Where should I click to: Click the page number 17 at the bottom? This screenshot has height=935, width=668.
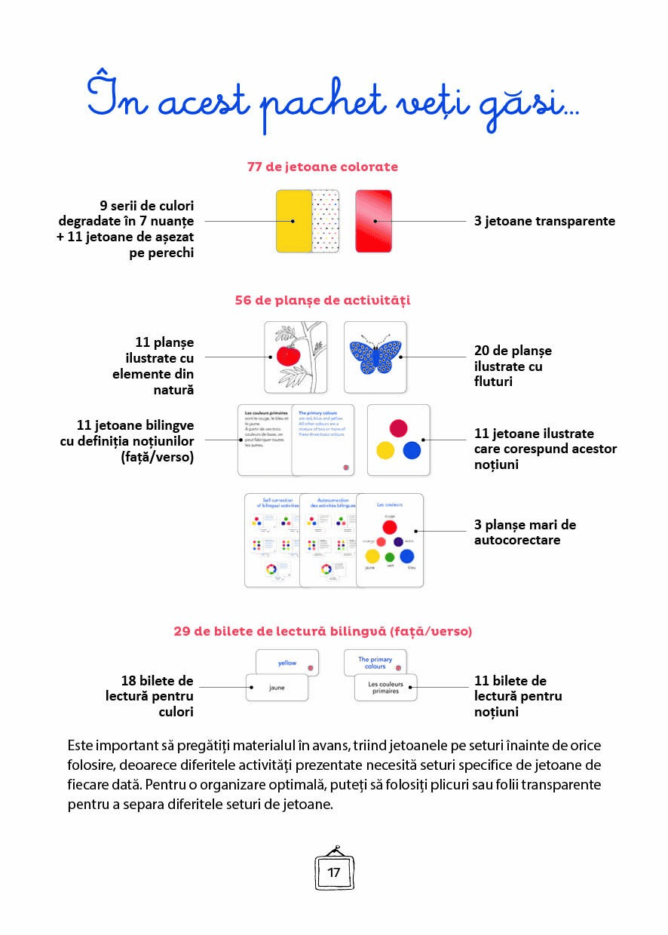pos(334,872)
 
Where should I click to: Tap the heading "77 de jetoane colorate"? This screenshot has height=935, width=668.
pos(323,167)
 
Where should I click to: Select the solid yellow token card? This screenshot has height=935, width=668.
pos(293,220)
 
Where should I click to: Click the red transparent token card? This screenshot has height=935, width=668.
pos(373,220)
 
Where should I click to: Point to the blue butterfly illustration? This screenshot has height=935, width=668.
pos(375,357)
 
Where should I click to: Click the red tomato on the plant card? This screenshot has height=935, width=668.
pos(288,355)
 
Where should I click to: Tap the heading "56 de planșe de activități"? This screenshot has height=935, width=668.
pos(322,300)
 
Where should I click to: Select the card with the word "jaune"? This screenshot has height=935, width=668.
pos(277,688)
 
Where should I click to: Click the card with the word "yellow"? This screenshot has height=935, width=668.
pos(287,663)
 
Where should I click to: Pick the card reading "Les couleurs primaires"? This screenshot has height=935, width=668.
pos(385,688)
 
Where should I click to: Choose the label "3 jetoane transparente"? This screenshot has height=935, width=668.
pos(544,221)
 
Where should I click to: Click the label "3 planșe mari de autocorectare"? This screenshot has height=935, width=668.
pos(525,532)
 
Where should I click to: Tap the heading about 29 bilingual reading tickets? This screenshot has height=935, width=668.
pos(323,631)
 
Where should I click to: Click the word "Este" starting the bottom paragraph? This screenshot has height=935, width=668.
pos(81,745)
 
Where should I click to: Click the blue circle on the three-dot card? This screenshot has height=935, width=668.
pos(411,450)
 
